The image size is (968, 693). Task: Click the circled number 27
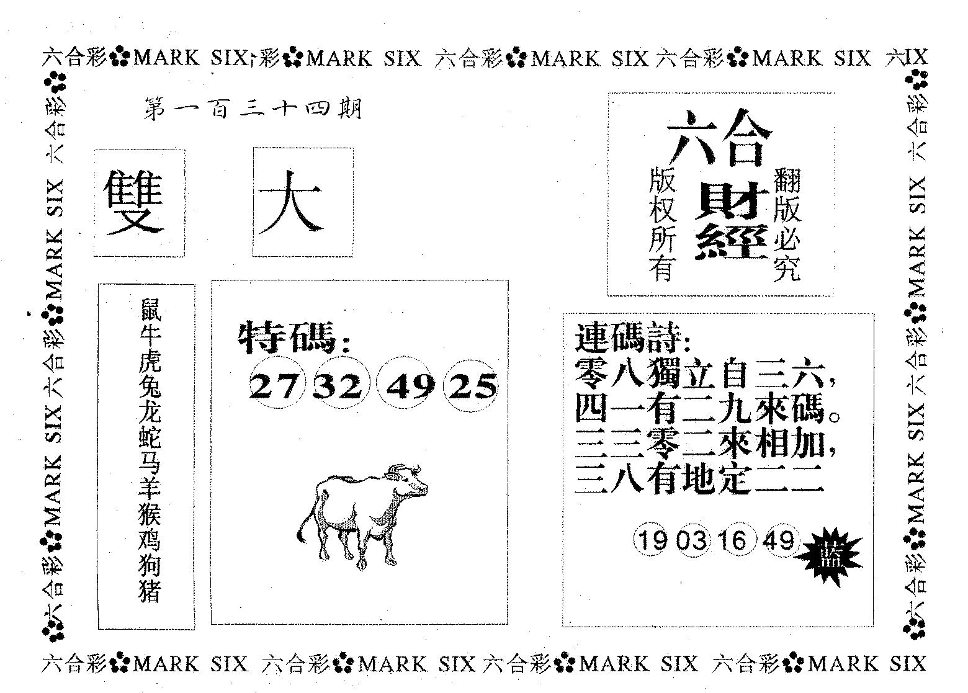276,384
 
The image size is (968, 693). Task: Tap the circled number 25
472,385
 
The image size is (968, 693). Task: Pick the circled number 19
651,540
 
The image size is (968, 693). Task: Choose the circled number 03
691,540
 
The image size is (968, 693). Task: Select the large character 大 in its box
290,202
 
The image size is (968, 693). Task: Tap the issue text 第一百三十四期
253,109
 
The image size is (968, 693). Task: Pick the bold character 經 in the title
731,242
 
